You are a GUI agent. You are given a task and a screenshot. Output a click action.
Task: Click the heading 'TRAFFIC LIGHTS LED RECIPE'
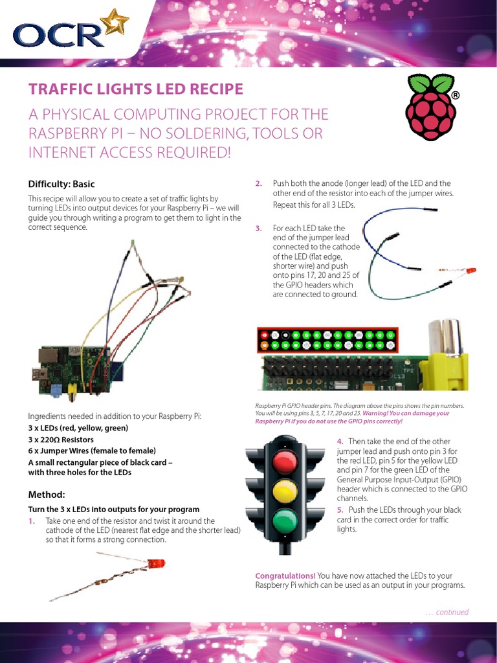coord(136,89)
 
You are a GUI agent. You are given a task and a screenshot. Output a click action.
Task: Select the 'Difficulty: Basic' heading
coord(61,184)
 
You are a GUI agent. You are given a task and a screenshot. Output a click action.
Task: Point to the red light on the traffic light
coord(285,462)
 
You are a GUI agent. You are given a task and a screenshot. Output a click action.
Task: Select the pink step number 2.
coord(259,183)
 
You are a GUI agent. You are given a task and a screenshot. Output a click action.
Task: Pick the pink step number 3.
coord(259,229)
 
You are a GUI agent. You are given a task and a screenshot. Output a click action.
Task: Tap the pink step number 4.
coord(340,442)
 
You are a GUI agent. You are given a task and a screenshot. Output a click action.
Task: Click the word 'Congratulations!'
coord(285,576)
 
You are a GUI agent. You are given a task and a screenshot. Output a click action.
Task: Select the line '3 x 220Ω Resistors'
coord(61,440)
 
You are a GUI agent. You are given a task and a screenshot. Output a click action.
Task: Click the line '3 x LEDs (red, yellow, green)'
coord(78,428)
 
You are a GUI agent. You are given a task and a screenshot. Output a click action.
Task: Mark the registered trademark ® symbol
coord(455,95)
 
